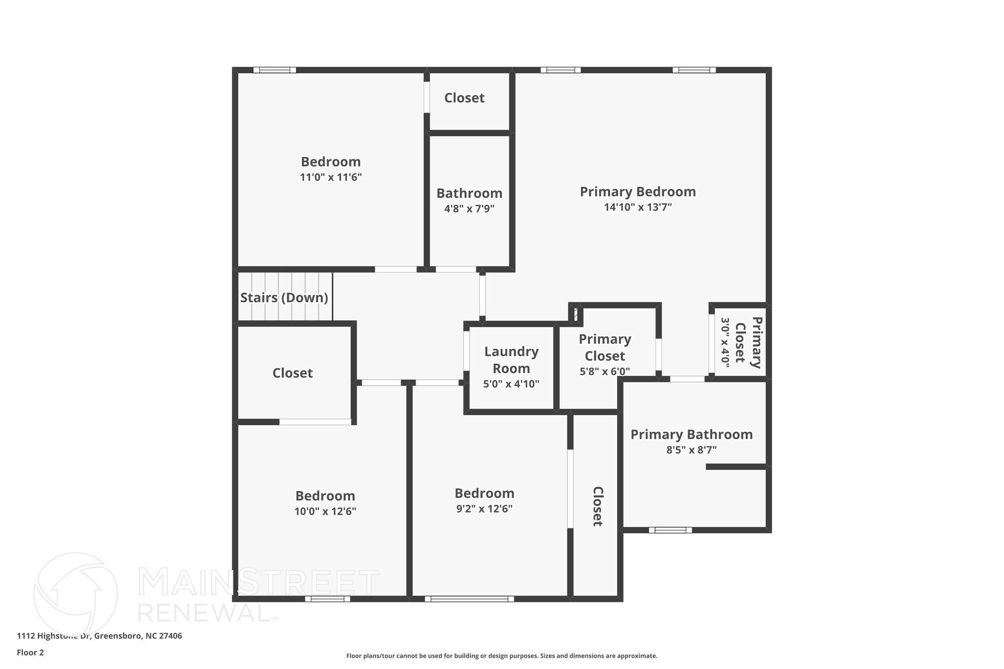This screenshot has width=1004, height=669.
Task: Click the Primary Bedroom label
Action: coord(637,192)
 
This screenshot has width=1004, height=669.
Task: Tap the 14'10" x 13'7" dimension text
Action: coord(637,207)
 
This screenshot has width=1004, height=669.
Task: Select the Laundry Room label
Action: coord(511,360)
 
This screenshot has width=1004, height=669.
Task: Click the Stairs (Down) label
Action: coord(284,297)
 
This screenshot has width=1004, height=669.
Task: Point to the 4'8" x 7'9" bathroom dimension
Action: coord(469,209)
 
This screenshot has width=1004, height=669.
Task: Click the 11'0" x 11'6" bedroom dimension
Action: coord(330,177)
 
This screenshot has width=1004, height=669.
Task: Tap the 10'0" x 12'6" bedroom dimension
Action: coord(325,512)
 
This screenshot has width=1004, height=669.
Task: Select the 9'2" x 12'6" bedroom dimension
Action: coord(484,509)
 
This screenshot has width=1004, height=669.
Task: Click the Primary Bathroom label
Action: coord(691,434)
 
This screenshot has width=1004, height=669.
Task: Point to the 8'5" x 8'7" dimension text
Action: coord(691,450)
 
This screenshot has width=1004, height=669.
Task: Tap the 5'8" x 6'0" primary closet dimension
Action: coord(604,372)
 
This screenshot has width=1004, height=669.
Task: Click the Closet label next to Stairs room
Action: coord(292,373)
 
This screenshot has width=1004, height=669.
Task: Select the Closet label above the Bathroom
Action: coord(464,98)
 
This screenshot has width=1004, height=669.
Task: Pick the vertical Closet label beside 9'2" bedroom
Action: coord(598,506)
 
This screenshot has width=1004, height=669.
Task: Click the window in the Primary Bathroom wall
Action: coord(670,530)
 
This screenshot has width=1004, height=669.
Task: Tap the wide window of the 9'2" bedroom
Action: coord(469,598)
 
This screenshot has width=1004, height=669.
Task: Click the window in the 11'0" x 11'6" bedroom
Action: coord(275,70)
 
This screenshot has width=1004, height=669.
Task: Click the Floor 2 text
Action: coord(30,652)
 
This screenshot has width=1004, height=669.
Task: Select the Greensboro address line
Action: coord(100,636)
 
